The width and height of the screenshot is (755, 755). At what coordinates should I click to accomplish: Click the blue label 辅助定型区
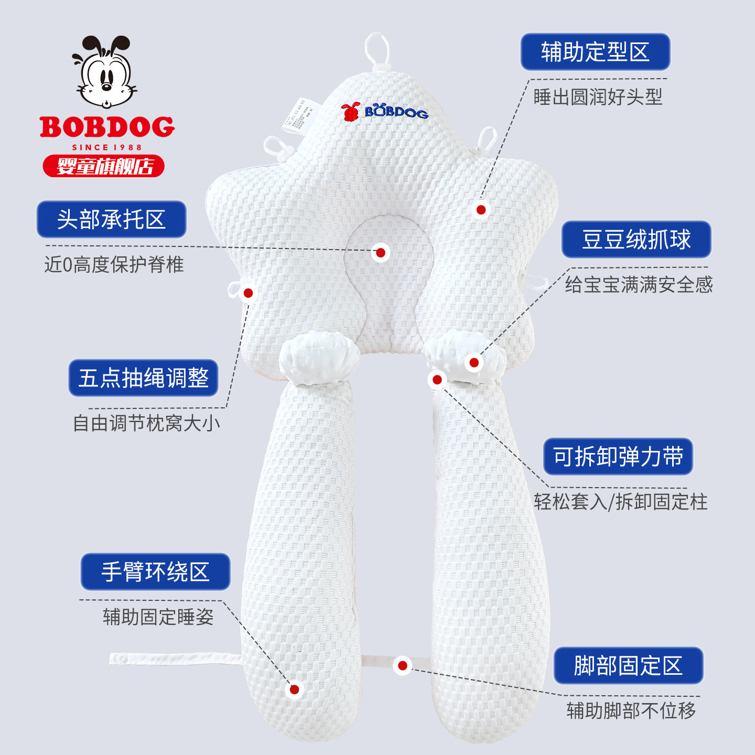595,52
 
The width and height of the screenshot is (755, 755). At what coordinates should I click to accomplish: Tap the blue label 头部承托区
111,219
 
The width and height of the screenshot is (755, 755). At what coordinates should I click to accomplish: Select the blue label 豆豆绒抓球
636,240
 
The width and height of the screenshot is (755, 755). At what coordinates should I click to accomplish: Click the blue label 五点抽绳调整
143,377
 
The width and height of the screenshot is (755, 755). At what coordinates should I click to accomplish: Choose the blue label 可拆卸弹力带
618,457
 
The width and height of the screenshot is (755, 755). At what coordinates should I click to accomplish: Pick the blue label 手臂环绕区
155,571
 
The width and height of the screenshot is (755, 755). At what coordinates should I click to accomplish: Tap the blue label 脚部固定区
628,666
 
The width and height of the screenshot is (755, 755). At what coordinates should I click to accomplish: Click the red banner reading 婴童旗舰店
104,166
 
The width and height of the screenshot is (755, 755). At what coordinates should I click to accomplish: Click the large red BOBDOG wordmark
107,127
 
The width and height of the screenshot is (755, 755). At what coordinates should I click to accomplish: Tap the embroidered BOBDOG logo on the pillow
385,111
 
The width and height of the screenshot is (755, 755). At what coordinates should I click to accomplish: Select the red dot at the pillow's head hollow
381,253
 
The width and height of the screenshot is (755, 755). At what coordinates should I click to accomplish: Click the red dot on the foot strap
403,665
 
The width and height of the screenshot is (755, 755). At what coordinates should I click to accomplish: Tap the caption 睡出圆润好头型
598,97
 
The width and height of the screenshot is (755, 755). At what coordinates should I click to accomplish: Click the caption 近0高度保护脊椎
114,264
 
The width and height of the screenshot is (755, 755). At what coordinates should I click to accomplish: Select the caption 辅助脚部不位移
631,711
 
